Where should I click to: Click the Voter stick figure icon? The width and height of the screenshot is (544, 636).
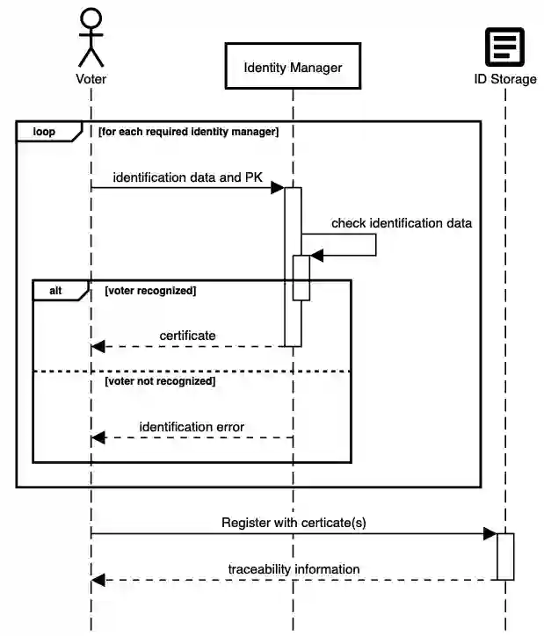click(91, 37)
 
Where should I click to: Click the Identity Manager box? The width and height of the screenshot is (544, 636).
click(293, 67)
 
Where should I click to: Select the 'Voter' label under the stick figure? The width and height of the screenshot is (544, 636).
click(91, 79)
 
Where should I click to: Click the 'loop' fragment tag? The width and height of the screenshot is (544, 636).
click(44, 132)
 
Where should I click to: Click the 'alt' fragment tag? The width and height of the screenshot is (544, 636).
click(55, 291)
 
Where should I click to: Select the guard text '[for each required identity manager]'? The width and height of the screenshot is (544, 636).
click(188, 132)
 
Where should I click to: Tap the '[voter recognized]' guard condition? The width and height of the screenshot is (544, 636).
click(149, 290)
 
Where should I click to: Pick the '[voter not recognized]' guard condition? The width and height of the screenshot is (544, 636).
click(160, 381)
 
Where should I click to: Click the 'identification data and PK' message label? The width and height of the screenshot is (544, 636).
click(187, 177)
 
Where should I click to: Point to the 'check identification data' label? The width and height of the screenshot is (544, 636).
click(401, 223)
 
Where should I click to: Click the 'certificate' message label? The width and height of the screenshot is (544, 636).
click(187, 336)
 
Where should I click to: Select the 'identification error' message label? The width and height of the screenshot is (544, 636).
click(192, 427)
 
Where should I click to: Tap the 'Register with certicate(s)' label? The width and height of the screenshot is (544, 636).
click(294, 523)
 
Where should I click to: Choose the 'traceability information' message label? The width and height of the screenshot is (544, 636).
click(294, 569)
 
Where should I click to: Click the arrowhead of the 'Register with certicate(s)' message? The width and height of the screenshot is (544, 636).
click(490, 533)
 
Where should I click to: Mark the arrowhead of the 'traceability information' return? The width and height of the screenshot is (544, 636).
click(98, 580)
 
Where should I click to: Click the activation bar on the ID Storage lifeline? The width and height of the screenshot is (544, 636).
click(504, 556)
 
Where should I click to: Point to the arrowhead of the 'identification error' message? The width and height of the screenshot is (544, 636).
click(98, 437)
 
